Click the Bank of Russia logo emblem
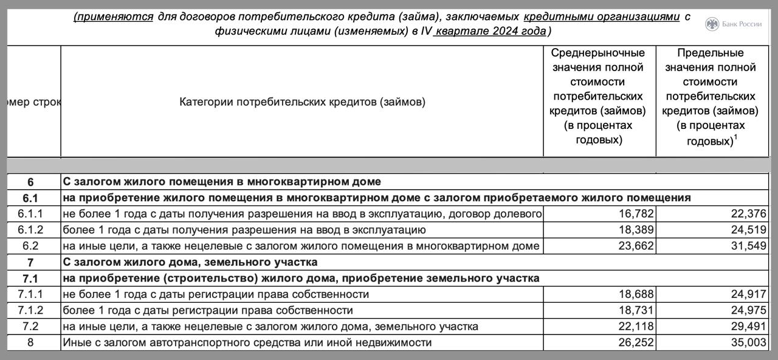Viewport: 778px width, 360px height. pyautogui.click(x=712, y=24)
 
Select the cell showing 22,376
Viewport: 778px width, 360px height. pyautogui.click(x=748, y=214)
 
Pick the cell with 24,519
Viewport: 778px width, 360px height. pyautogui.click(x=748, y=230)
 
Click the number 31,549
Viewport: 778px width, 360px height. pyautogui.click(x=748, y=246)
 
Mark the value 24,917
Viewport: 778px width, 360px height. pyautogui.click(x=748, y=294)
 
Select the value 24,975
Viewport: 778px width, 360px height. pyautogui.click(x=748, y=310)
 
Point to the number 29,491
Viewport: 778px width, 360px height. pyautogui.click(x=748, y=327)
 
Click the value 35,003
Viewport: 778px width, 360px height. pyautogui.click(x=748, y=342)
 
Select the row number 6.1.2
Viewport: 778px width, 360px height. pyautogui.click(x=30, y=230)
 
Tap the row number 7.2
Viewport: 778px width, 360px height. pyautogui.click(x=30, y=327)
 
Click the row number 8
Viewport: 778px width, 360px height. pyautogui.click(x=30, y=342)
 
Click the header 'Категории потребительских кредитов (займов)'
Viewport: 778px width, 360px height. pyautogui.click(x=302, y=102)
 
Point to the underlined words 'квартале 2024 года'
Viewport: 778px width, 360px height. pyautogui.click(x=491, y=32)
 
